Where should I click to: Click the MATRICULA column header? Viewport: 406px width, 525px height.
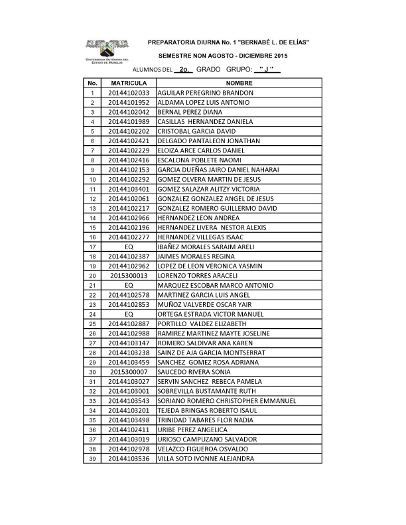[x=129, y=83]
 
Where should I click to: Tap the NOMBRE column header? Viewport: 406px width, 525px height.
[x=239, y=83]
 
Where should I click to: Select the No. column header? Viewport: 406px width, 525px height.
[x=92, y=83]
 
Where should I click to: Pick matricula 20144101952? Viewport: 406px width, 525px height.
[x=129, y=103]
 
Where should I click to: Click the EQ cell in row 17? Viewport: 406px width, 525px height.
[x=129, y=247]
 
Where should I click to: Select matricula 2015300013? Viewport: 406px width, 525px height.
[x=129, y=275]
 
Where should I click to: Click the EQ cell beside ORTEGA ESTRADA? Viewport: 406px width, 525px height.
[x=129, y=314]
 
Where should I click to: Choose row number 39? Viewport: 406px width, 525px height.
[x=92, y=458]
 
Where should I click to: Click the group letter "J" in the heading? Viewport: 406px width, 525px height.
[x=267, y=69]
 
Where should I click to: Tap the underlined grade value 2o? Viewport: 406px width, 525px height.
[x=185, y=69]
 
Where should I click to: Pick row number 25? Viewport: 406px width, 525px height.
[x=92, y=323]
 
